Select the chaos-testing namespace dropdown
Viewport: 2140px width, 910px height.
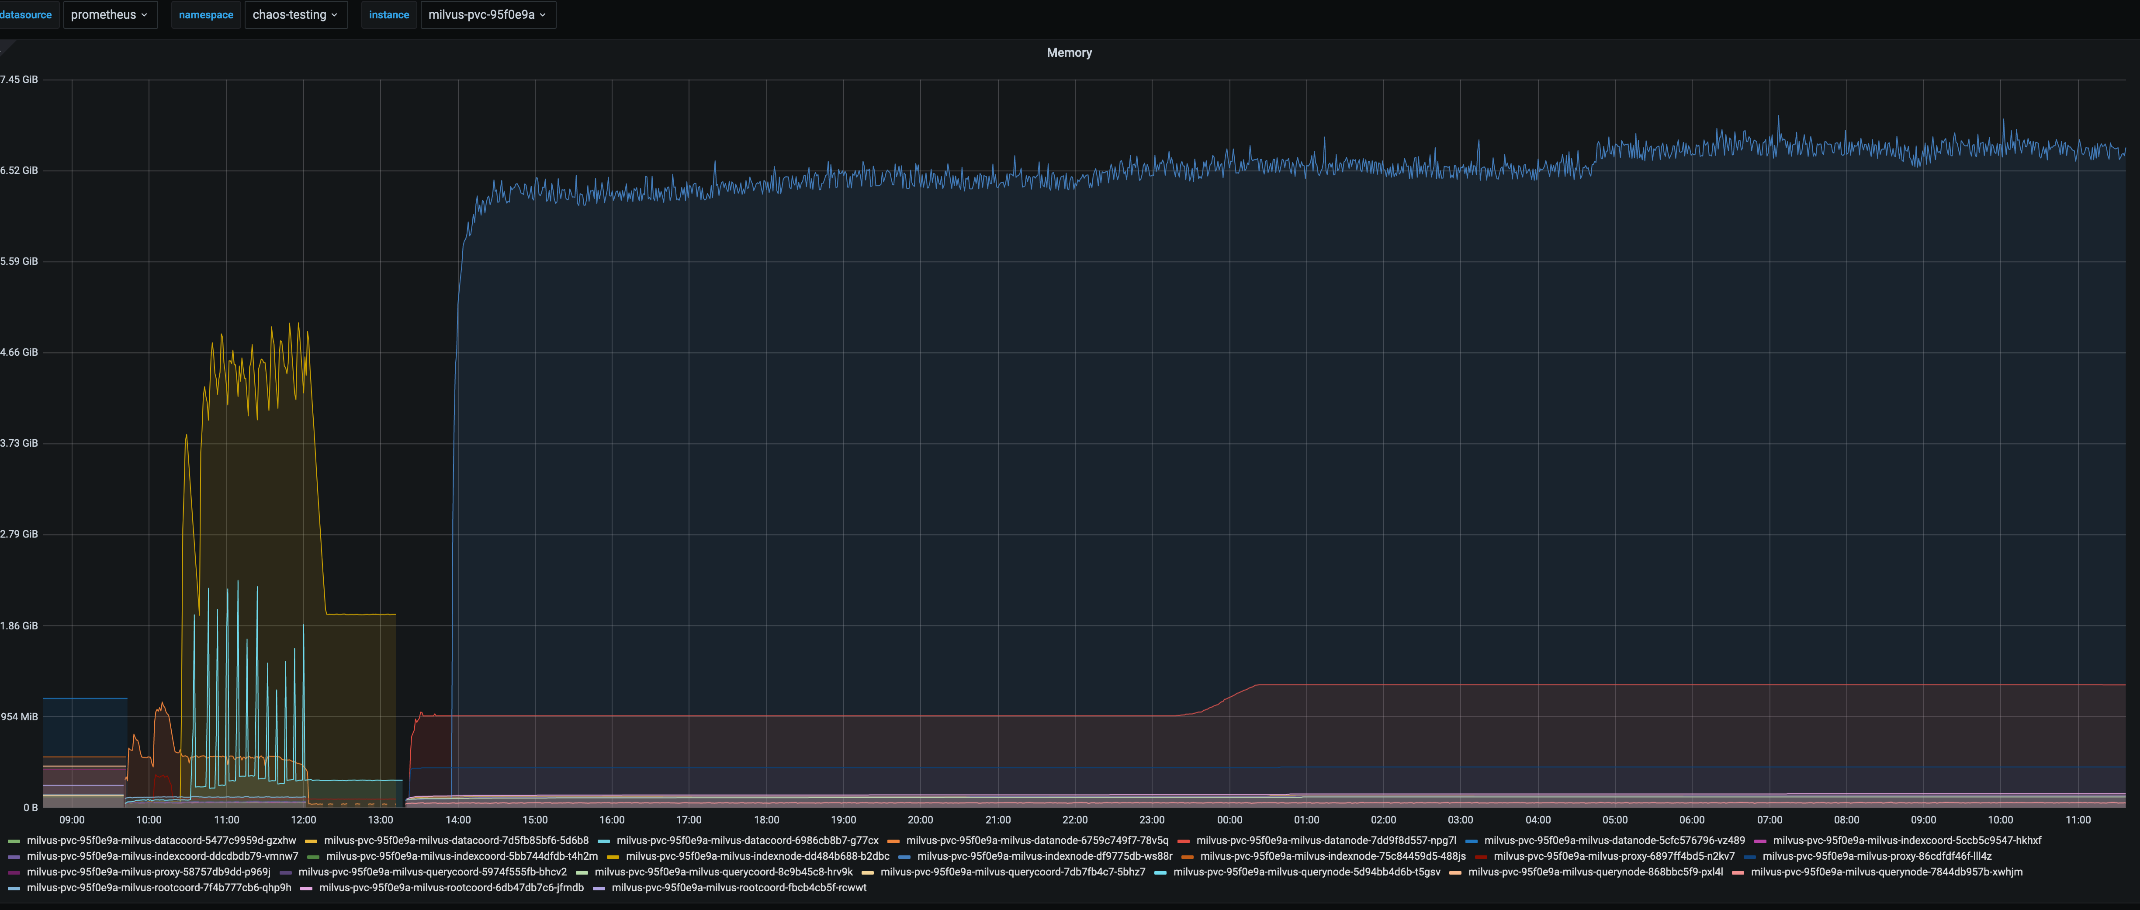point(295,15)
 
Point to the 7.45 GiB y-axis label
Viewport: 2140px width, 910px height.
point(19,80)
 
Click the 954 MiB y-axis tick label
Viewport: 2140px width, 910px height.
point(19,716)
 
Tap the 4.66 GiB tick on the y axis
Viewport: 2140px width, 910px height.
point(19,352)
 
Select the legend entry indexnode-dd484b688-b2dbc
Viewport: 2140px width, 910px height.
point(757,856)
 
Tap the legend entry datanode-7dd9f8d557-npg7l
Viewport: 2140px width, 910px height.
point(1326,840)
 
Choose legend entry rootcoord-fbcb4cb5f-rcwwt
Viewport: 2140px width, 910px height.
point(738,888)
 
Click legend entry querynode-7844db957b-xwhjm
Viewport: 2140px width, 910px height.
point(1886,872)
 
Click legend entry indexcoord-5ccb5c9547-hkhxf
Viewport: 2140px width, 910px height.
point(1907,840)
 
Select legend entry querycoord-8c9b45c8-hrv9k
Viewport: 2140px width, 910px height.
point(723,872)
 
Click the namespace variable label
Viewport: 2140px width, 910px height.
point(206,15)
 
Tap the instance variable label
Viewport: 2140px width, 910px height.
point(389,15)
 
